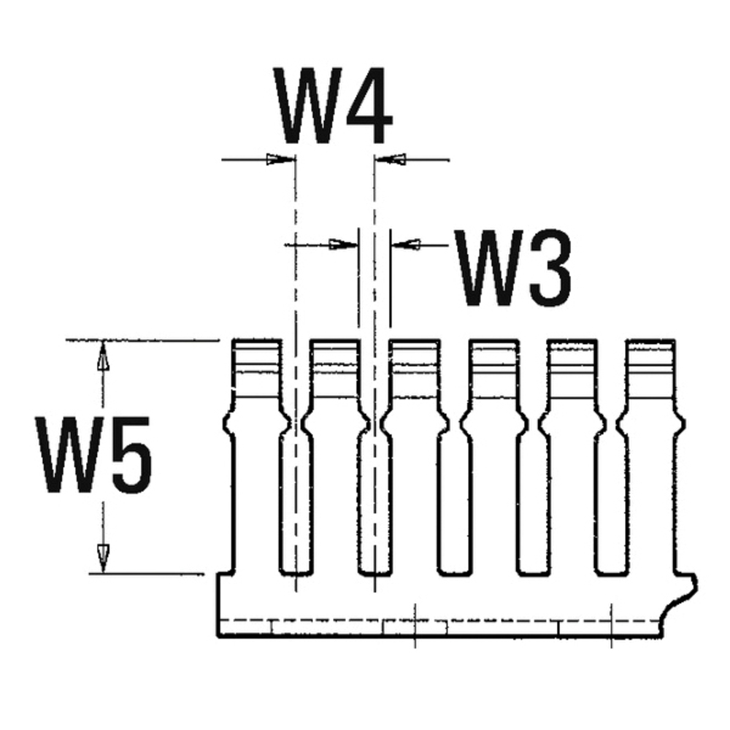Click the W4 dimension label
[333, 106]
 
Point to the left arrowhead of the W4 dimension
[280, 159]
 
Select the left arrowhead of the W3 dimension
[344, 244]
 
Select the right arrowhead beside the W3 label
[405, 244]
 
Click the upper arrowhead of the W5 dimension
[103, 356]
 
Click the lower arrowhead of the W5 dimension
[103, 558]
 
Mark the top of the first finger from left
[256, 341]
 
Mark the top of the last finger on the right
[650, 341]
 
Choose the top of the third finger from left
[415, 341]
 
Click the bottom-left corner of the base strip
[218, 636]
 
